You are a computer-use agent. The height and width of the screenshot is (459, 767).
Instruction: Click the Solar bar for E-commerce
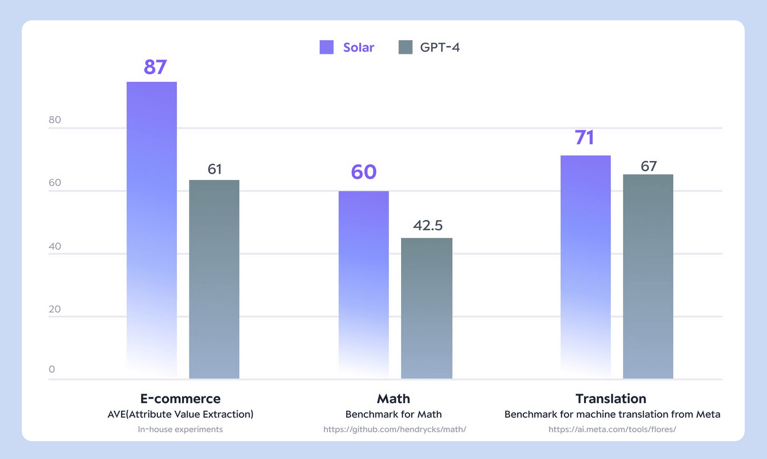(x=152, y=228)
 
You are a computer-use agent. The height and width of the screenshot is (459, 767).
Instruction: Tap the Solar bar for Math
(x=363, y=283)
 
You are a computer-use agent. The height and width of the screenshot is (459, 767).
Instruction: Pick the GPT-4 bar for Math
(x=426, y=308)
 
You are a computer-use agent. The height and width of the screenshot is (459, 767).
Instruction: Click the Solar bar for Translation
(x=586, y=265)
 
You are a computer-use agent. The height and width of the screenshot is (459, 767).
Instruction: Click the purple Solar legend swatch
(x=326, y=47)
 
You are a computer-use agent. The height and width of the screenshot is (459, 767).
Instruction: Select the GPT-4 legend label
(x=440, y=48)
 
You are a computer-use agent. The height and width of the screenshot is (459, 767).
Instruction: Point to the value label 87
(x=155, y=67)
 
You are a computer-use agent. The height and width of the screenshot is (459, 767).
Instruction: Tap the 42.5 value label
(x=427, y=226)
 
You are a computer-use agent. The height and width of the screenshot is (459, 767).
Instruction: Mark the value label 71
(x=585, y=137)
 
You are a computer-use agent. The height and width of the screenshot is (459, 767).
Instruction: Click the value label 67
(x=649, y=166)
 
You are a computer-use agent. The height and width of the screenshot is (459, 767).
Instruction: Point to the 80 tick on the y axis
(x=55, y=119)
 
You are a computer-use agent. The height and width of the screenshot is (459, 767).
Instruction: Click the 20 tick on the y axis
(x=55, y=309)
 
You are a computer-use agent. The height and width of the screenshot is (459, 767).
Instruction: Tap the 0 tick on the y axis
(x=52, y=369)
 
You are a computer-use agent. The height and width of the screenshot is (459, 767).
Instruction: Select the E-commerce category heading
(x=180, y=399)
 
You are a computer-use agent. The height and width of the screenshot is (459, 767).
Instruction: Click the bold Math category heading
(x=393, y=399)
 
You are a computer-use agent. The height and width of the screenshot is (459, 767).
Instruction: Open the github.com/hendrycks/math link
(x=395, y=429)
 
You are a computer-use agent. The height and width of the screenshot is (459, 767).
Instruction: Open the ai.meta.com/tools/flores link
(x=612, y=429)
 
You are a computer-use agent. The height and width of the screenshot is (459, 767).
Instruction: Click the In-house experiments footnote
(x=180, y=429)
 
